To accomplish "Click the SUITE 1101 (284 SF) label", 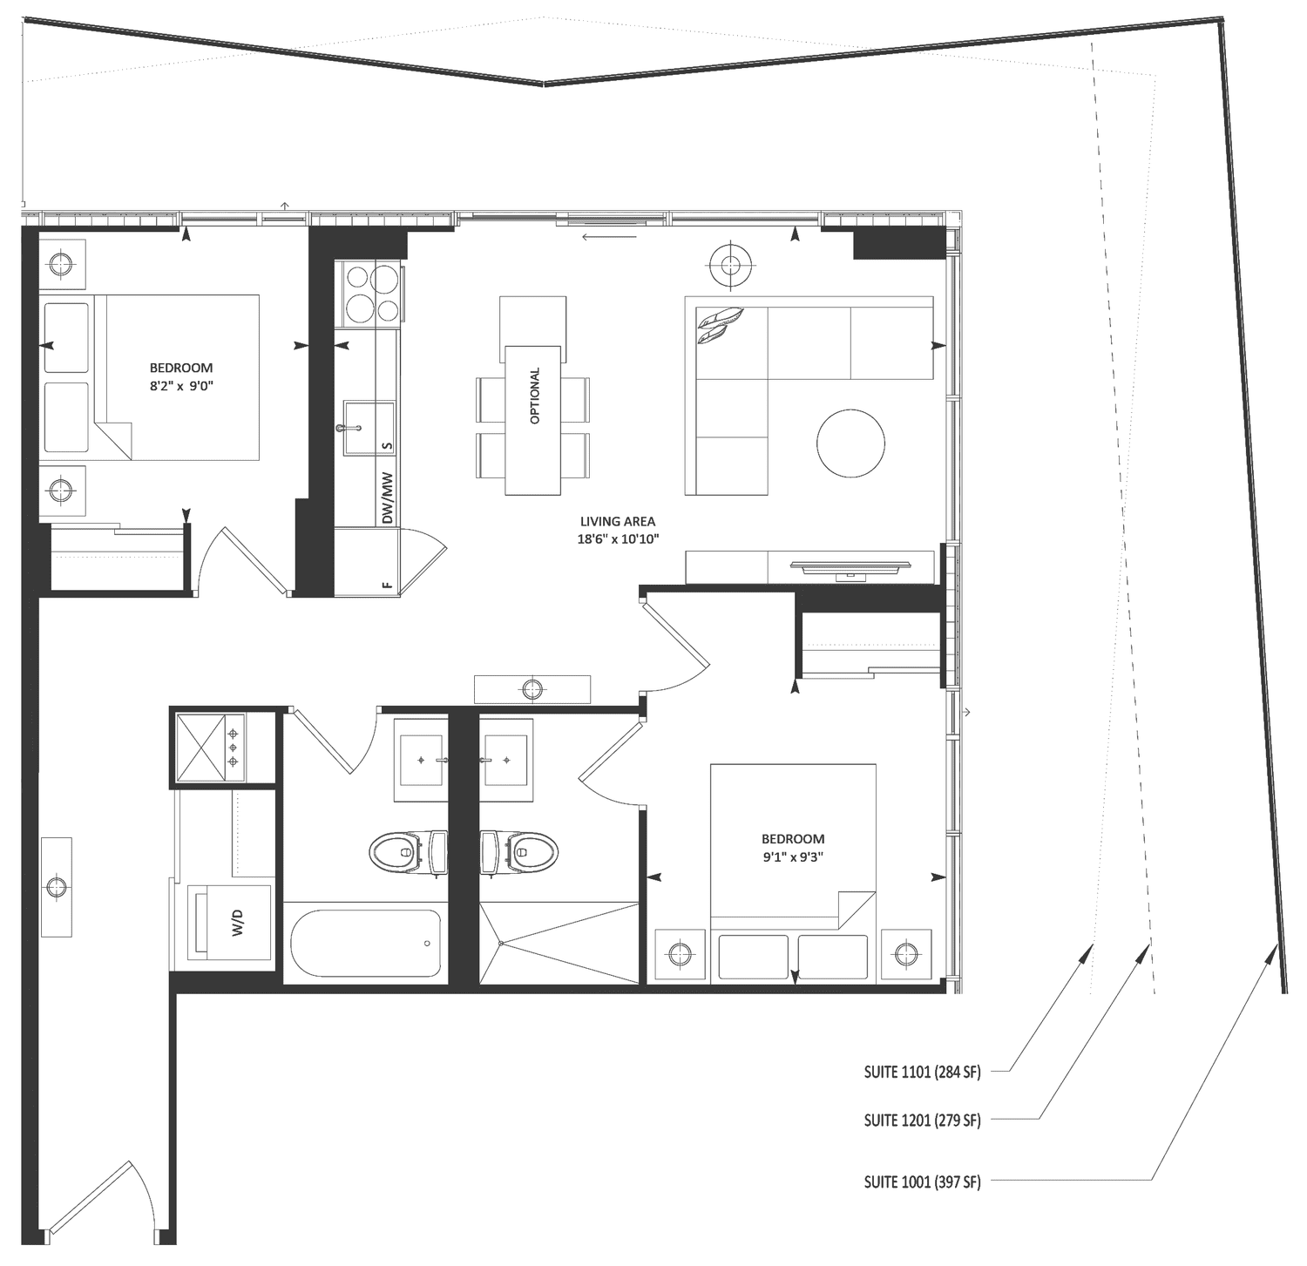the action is pyautogui.click(x=922, y=1073).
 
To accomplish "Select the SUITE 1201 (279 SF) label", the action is pyautogui.click(x=922, y=1120).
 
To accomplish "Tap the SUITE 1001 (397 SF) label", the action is pyautogui.click(x=922, y=1182).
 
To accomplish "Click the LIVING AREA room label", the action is pyautogui.click(x=617, y=521).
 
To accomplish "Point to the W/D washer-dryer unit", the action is pyautogui.click(x=230, y=922).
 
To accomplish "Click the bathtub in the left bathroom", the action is pyautogui.click(x=365, y=944).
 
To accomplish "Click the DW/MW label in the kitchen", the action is pyautogui.click(x=388, y=498).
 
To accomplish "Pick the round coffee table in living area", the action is pyautogui.click(x=850, y=443).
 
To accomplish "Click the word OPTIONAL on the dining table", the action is pyautogui.click(x=534, y=396).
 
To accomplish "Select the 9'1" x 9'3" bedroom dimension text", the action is pyautogui.click(x=792, y=856).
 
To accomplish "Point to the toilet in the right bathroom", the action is pyautogui.click(x=518, y=851).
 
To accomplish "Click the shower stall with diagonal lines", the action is pyautogui.click(x=560, y=944).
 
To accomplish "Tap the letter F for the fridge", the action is pyautogui.click(x=387, y=585).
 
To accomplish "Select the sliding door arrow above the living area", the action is pyautogui.click(x=610, y=235).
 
